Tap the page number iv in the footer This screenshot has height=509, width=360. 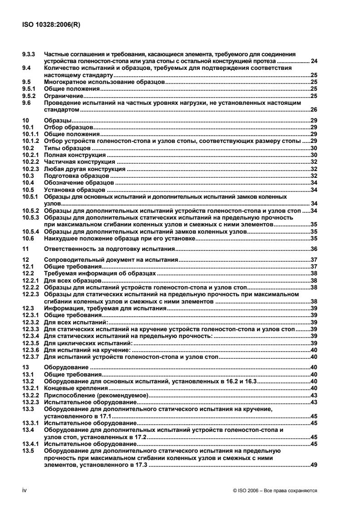click(25, 490)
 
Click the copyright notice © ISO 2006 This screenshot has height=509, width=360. click(274, 490)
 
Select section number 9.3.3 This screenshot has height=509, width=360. click(30, 54)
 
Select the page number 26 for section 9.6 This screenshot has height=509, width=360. click(313, 110)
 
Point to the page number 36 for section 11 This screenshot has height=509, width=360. click(313, 249)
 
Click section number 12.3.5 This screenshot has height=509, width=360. click(31, 343)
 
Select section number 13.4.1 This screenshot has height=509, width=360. click(31, 444)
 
